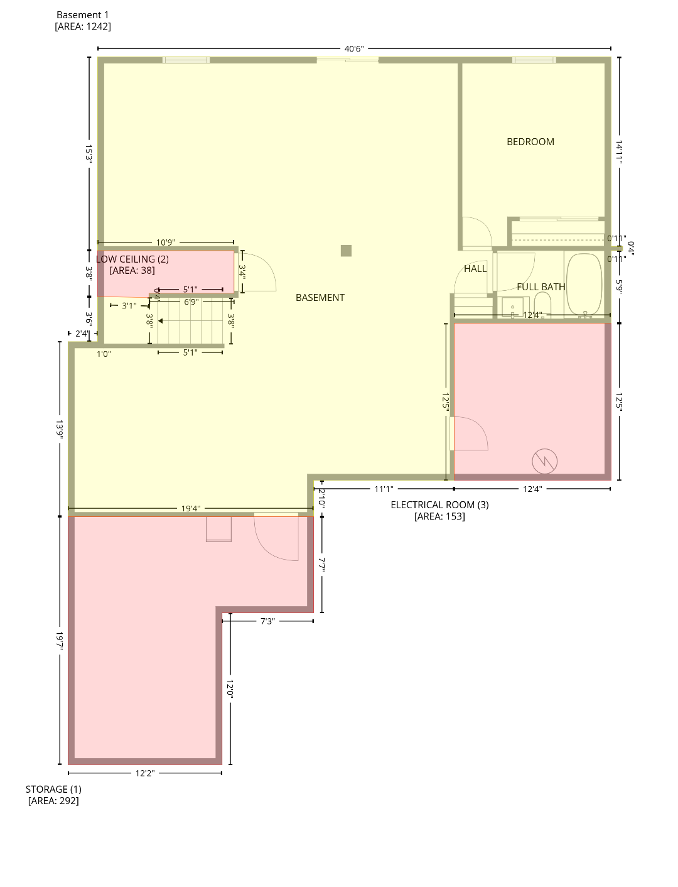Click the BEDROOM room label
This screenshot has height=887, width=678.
tap(530, 142)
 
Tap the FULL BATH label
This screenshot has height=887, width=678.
tap(541, 286)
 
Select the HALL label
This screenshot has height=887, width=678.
tap(475, 268)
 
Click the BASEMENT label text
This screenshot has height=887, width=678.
tap(320, 297)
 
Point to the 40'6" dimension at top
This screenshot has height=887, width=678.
tap(354, 48)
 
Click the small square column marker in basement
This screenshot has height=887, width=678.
tap(346, 251)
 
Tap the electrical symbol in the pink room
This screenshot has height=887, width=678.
tap(544, 461)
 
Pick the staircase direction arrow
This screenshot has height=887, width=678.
tap(161, 321)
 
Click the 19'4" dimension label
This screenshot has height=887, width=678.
tap(191, 509)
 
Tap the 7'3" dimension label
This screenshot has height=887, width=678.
tap(267, 621)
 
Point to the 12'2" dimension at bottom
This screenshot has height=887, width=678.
tap(144, 773)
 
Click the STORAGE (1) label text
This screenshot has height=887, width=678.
tap(53, 789)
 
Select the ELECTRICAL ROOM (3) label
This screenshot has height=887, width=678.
tap(439, 504)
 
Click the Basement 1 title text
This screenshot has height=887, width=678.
tap(83, 14)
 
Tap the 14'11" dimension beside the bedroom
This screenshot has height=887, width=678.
tap(619, 153)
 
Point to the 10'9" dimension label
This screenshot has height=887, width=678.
tap(165, 242)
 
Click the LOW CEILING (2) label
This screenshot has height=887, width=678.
tap(132, 259)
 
